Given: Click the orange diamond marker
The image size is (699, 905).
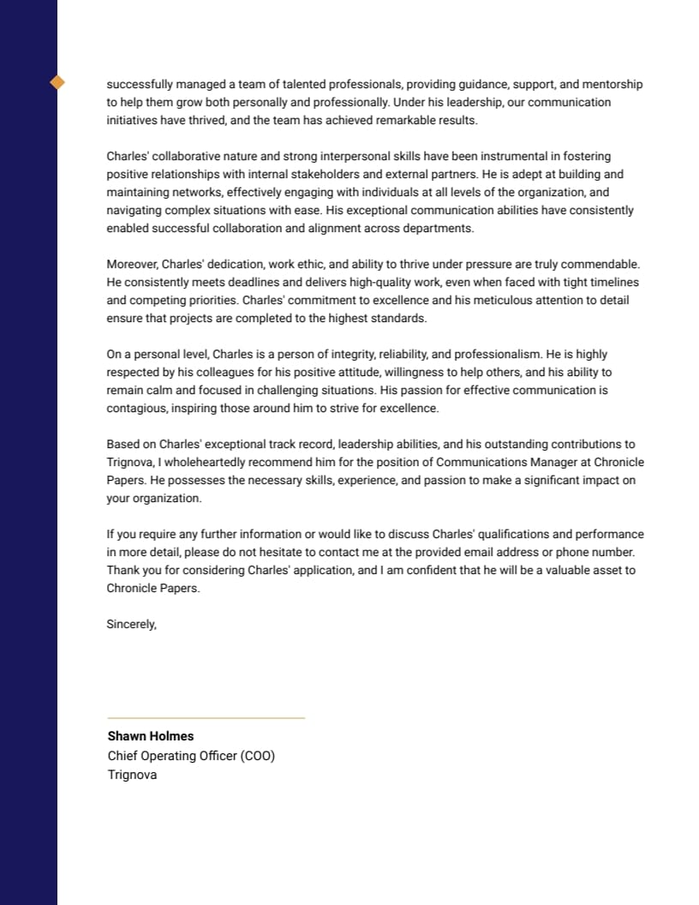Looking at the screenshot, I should coord(57,82).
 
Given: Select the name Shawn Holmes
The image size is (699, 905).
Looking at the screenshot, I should coord(151,736).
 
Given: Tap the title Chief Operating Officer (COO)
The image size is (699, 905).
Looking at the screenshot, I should coord(191,756).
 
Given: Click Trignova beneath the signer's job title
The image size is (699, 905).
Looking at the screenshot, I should coord(132,775).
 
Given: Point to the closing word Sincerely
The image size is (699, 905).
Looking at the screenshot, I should coord(131,625).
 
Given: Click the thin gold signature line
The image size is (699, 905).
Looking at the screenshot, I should coord(206,718).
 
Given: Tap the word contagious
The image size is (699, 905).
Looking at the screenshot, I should coord(135,409).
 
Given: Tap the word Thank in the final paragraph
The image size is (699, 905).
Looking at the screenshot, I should coord(122,571).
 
